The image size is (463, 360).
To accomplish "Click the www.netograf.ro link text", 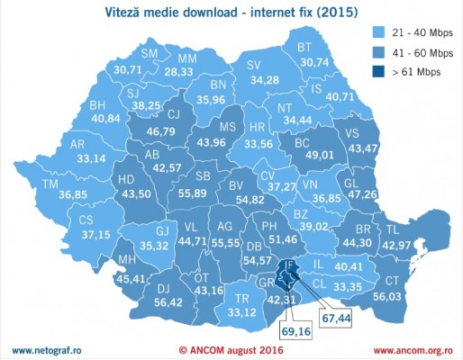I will [47, 349].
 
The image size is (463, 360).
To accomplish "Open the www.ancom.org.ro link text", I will [412, 349].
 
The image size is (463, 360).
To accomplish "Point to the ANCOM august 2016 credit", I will [231, 349].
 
